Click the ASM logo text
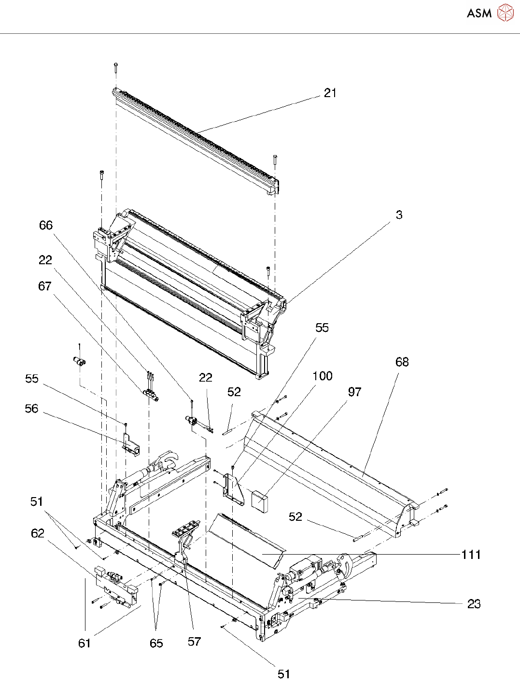479,13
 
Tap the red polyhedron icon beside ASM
505,13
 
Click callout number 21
330,93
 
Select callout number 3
399,214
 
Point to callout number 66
46,225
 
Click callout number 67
45,286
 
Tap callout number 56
31,408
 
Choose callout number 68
402,362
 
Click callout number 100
323,376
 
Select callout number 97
354,392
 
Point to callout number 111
471,555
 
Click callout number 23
474,604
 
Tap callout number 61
84,643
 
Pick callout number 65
156,643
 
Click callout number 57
195,641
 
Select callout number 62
38,533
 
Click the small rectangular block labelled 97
259,502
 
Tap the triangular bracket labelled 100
234,490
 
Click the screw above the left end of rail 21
116,67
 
